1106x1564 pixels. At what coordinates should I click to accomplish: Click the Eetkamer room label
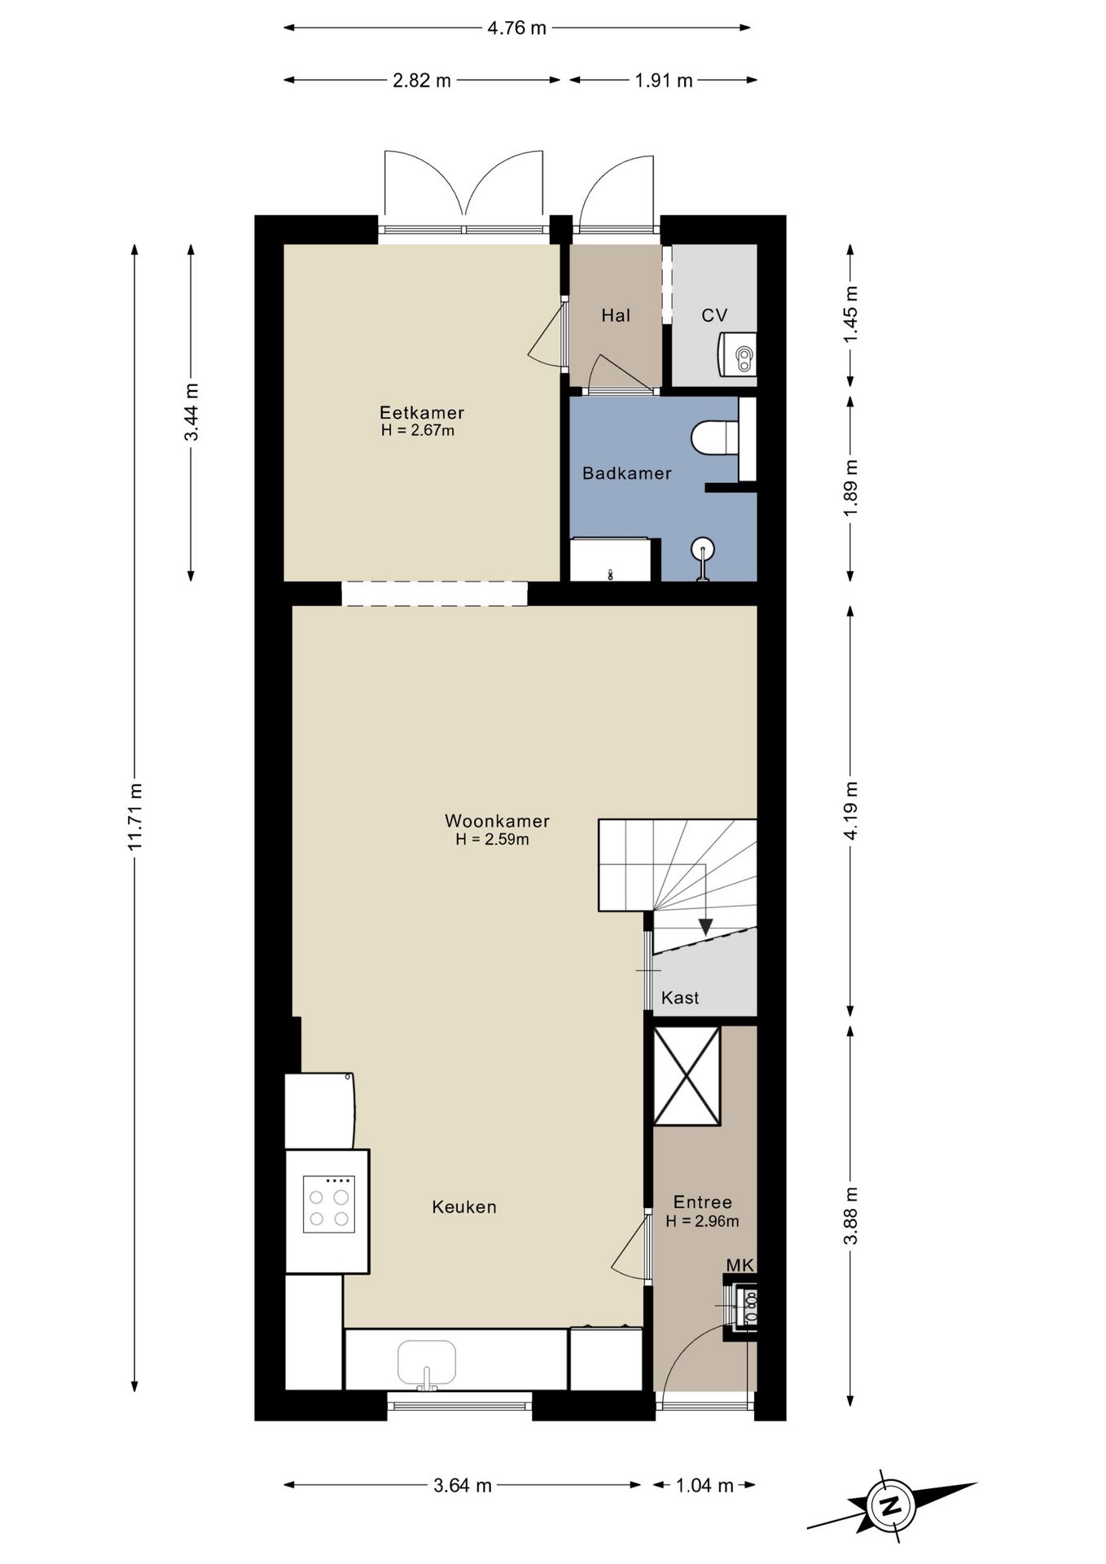[422, 412]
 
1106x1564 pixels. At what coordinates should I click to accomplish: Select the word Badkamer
[627, 472]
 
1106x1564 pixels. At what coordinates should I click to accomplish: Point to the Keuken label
[464, 1206]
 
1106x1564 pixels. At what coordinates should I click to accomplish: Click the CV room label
[714, 315]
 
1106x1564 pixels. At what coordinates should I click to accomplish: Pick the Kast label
[680, 997]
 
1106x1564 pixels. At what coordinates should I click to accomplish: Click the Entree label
[703, 1202]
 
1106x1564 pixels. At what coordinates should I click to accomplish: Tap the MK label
[740, 1264]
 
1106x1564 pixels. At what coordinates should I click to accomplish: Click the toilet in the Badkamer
[715, 438]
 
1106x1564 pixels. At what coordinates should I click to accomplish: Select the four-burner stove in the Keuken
[329, 1204]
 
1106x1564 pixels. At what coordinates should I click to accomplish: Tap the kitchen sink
[427, 1364]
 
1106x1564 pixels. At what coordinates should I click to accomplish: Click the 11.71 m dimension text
[135, 816]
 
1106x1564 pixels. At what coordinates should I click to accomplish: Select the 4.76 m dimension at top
[516, 28]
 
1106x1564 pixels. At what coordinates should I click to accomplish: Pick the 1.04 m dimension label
[704, 1485]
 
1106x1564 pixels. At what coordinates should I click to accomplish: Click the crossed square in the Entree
[687, 1076]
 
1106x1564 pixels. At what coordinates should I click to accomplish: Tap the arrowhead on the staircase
[705, 927]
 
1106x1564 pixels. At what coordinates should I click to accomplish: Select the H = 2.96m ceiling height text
[702, 1220]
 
